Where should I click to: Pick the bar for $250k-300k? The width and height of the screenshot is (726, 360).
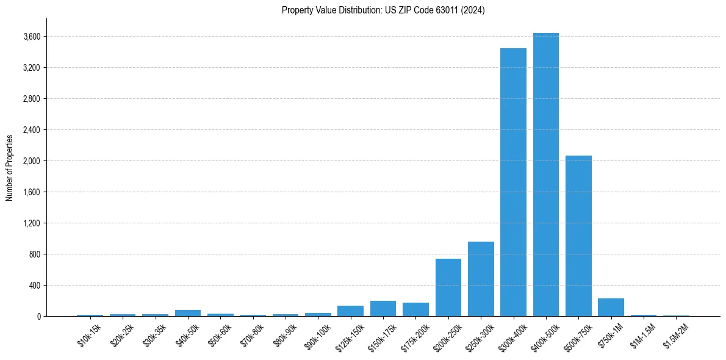(481, 279)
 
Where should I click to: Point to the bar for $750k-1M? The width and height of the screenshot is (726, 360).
(611, 308)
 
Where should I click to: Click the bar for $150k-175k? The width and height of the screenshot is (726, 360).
(383, 309)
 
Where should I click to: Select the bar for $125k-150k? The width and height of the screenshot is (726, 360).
(350, 311)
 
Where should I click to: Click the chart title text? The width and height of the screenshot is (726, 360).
(383, 10)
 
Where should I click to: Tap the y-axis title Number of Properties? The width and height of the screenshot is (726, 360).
(10, 168)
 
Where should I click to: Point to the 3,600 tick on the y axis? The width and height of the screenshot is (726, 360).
(32, 37)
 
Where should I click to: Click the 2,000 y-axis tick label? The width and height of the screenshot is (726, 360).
(32, 161)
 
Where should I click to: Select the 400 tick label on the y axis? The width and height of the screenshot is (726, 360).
(35, 285)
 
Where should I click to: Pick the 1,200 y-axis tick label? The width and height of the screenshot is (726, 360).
(32, 223)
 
